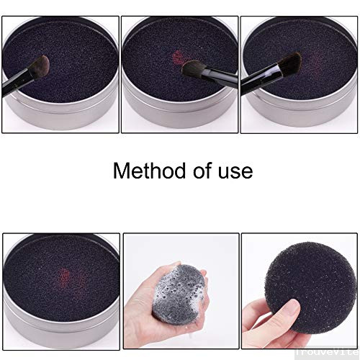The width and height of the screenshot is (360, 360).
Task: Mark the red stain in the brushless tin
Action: [x=63, y=275]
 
